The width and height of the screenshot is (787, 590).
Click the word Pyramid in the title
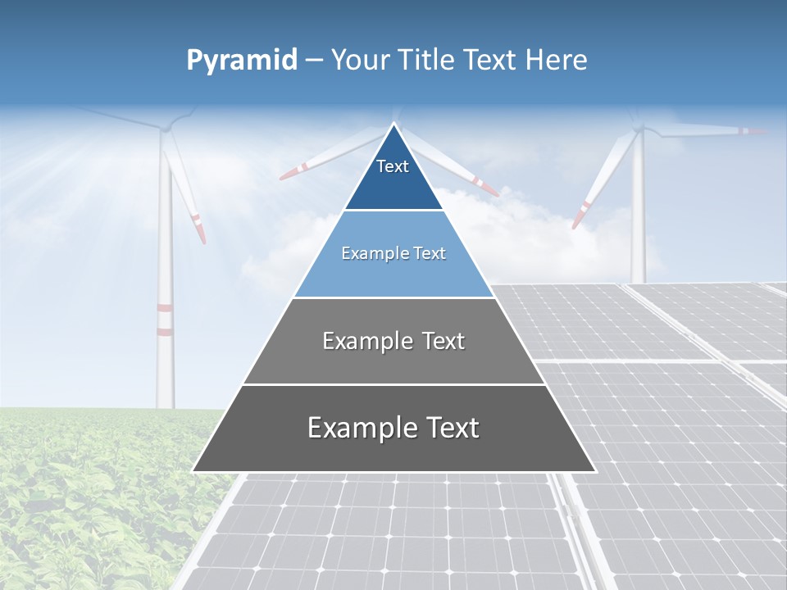(x=241, y=61)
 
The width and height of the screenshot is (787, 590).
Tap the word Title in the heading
(x=430, y=61)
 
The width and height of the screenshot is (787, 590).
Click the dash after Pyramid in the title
(x=313, y=61)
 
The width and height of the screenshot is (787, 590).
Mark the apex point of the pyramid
(x=393, y=124)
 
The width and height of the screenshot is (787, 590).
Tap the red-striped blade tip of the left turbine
(x=198, y=225)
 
